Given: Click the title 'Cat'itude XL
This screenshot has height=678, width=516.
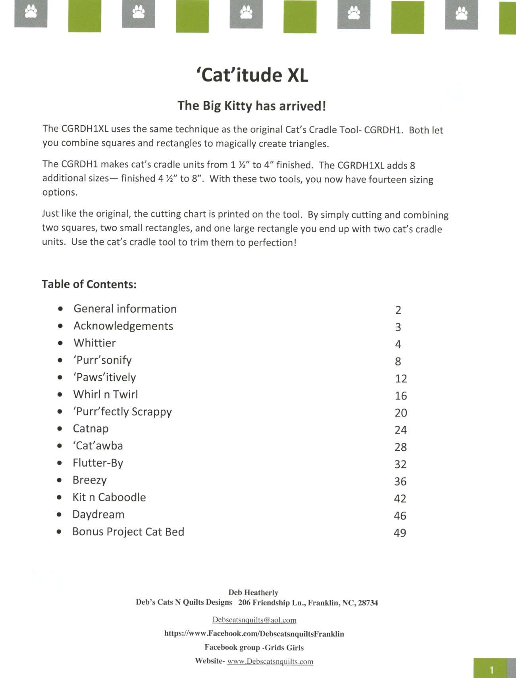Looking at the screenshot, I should coord(252,75).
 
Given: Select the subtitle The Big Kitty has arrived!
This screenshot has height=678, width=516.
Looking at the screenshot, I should coord(252,106).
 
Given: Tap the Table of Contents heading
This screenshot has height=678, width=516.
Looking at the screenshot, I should coord(89,284).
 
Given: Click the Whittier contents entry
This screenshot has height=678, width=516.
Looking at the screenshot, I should coord(94,343).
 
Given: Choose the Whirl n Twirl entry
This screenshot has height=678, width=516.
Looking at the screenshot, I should coord(106,394).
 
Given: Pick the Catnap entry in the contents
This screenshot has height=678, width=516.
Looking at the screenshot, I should coord(90,428).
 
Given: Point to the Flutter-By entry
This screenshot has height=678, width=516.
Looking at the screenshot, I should coord(98,463).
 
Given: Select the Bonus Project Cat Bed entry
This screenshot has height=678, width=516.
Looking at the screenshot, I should coord(128,532).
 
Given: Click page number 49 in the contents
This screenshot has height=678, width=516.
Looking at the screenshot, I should coord(400,533).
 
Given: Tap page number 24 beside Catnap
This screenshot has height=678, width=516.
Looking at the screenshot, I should coord(400,430).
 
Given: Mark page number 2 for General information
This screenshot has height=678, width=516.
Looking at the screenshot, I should coord(398,310).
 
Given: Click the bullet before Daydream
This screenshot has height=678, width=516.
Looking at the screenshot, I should coord(59,515).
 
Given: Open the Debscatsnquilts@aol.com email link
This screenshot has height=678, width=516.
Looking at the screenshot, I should coord(254,620).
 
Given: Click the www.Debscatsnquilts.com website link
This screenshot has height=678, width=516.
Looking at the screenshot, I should coord(270,661).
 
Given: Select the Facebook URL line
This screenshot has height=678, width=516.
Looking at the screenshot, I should coord(254,634).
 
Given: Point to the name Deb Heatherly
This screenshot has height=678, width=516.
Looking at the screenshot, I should coord(253,592).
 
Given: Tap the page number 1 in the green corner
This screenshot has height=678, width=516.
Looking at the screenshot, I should coord(491,670).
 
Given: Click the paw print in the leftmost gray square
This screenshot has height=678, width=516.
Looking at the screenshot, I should coord(31,12).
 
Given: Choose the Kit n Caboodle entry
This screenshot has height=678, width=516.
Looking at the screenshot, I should coord(109,497).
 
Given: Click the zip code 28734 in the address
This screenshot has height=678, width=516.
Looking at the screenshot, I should coord(368,603).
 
